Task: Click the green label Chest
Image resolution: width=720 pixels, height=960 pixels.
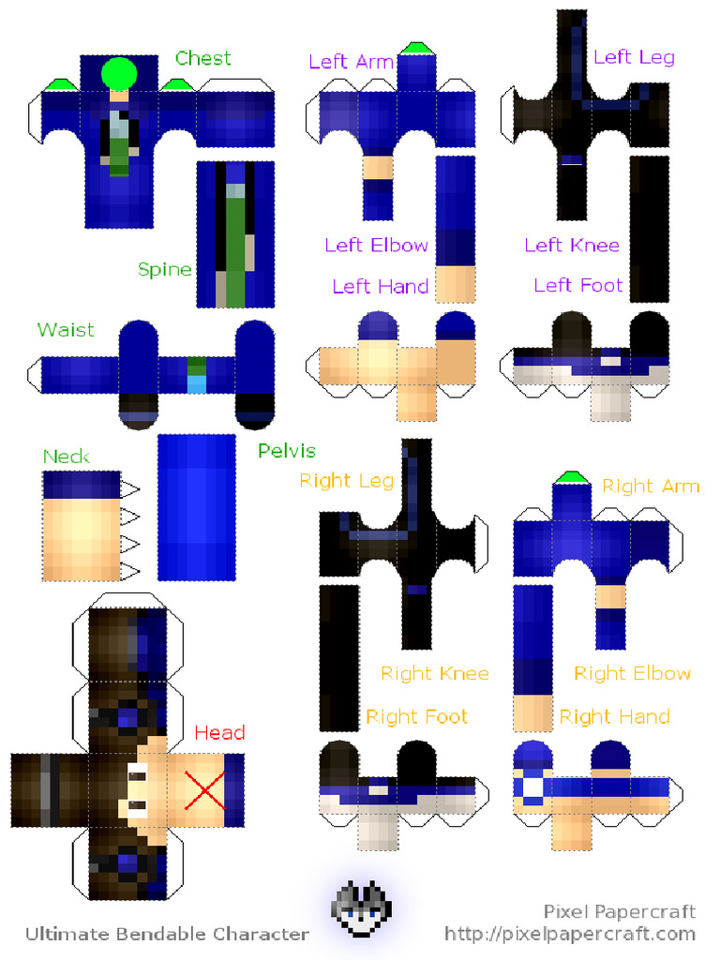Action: coord(202,58)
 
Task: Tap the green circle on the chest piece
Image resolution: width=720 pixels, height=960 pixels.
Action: coord(119,73)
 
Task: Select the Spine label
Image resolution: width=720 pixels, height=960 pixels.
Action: coord(164,270)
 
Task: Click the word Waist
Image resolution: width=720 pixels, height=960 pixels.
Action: coord(66,330)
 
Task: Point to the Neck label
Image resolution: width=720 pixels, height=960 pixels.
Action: coord(66,457)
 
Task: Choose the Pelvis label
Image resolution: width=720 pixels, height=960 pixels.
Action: coord(287,451)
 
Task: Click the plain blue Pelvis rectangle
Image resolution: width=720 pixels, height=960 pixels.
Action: coord(196,506)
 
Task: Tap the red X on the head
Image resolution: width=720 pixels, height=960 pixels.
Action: coord(204,788)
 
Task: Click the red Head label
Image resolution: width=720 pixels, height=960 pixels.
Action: coord(219,732)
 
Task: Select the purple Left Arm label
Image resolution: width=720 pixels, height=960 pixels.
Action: coord(351,62)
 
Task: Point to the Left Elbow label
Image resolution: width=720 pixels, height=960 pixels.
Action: coord(376,246)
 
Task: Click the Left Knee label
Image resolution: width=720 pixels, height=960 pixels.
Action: coord(571,246)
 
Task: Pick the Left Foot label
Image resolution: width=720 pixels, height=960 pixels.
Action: coord(577,285)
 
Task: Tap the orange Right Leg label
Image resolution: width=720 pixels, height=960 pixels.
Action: coord(346,481)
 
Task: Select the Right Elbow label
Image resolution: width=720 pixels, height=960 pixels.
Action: coord(632,673)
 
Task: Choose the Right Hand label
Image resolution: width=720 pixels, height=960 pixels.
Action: coord(614,716)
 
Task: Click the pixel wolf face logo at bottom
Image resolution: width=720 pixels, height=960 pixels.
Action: coord(362,909)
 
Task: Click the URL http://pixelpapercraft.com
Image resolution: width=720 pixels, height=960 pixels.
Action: coord(570,933)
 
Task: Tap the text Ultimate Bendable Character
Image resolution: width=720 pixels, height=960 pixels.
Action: coord(167,933)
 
